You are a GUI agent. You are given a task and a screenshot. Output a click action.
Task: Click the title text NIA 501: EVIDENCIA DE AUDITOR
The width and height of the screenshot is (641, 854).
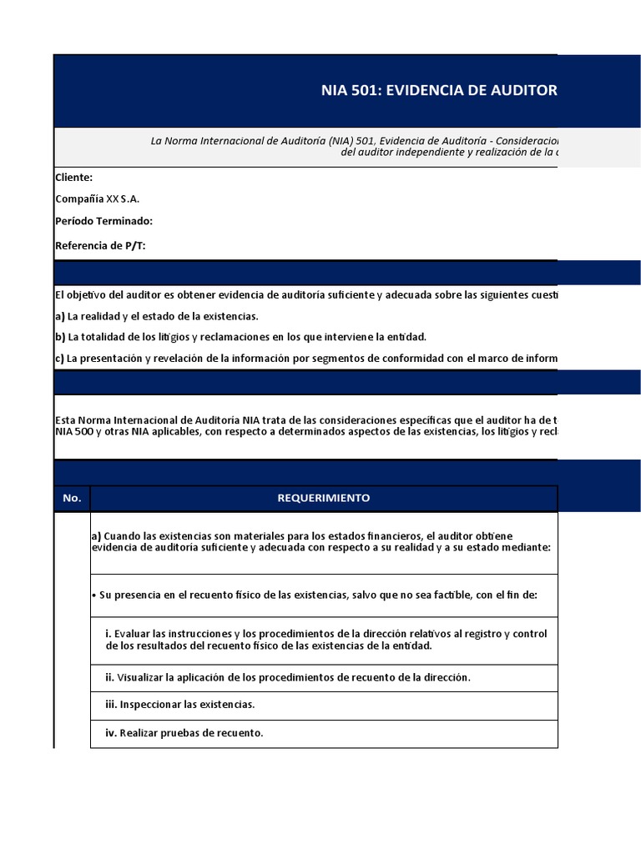pyautogui.click(x=439, y=90)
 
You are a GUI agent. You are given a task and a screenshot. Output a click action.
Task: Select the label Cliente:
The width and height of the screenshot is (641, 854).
pyautogui.click(x=73, y=178)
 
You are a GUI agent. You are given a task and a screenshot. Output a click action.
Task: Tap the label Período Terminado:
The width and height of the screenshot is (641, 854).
pyautogui.click(x=103, y=221)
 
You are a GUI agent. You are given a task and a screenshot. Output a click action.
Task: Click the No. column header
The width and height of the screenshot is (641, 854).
pyautogui.click(x=72, y=498)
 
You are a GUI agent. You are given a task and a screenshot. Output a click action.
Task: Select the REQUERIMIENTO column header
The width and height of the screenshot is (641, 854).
pyautogui.click(x=324, y=498)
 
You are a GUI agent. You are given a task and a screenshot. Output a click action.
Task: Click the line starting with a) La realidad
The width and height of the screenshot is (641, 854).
pyautogui.click(x=156, y=316)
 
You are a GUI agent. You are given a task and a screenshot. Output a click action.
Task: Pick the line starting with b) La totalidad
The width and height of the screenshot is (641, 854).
pyautogui.click(x=240, y=337)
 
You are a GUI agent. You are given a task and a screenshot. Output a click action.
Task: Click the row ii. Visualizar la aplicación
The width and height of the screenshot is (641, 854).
pyautogui.click(x=288, y=677)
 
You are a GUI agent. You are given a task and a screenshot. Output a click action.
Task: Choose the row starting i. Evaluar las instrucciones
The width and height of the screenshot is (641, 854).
pyautogui.click(x=326, y=640)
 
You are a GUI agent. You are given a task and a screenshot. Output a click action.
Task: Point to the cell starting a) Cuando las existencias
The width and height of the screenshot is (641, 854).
pyautogui.click(x=321, y=541)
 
